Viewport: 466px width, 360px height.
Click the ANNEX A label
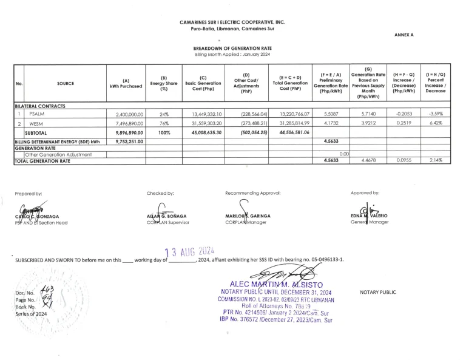pyautogui.click(x=404, y=35)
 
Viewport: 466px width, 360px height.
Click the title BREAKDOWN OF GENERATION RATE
pyautogui.click(x=232, y=48)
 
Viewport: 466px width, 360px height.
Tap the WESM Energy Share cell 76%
pyautogui.click(x=164, y=123)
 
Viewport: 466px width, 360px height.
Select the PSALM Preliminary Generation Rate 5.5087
pyautogui.click(x=329, y=114)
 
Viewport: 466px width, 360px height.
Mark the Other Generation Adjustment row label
pyautogui.click(x=58, y=154)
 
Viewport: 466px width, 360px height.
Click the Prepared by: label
pyautogui.click(x=29, y=193)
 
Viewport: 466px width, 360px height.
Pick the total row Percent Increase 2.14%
pyautogui.click(x=436, y=161)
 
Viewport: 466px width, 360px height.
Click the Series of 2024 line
pyautogui.click(x=30, y=314)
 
